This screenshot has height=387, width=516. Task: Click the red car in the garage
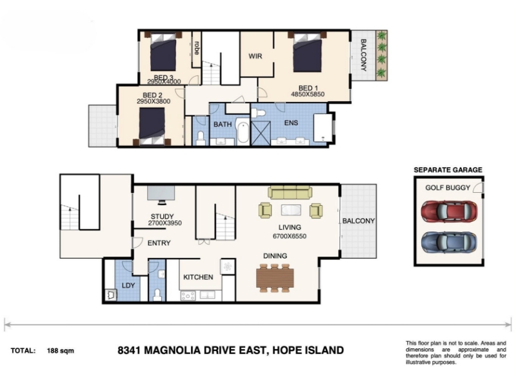click(x=449, y=212)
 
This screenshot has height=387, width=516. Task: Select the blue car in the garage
click(x=449, y=243)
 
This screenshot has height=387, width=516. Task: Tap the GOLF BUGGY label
click(x=448, y=188)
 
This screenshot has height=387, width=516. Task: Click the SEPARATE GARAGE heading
click(x=448, y=170)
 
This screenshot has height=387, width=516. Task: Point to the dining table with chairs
click(x=275, y=278)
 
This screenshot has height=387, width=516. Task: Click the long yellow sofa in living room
click(x=290, y=192)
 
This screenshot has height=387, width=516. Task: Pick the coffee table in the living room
click(x=291, y=210)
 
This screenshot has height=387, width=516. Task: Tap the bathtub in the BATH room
click(x=243, y=132)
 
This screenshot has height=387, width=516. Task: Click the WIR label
click(x=255, y=56)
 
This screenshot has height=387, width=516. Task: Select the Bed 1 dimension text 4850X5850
click(x=308, y=94)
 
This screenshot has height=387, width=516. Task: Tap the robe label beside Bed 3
click(x=197, y=48)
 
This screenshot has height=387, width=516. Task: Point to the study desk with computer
click(x=161, y=195)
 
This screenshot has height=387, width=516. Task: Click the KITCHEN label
click(x=198, y=277)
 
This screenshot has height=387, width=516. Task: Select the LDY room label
click(x=128, y=286)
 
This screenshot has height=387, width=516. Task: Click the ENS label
click(x=292, y=123)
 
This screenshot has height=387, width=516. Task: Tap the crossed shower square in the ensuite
click(x=261, y=134)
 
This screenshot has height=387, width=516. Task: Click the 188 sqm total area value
click(x=61, y=351)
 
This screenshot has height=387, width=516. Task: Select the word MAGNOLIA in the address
click(x=172, y=350)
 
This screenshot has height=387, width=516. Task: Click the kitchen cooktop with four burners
click(x=188, y=296)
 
